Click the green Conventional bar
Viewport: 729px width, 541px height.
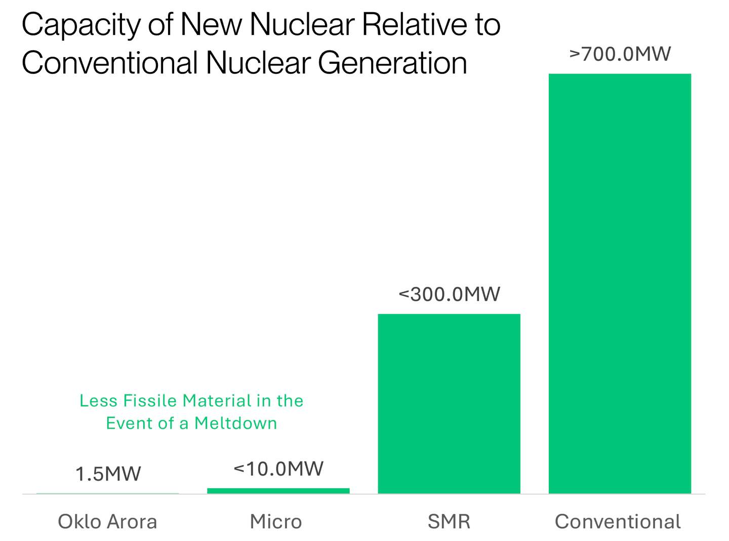pyautogui.click(x=620, y=284)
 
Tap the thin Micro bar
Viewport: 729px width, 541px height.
pyautogui.click(x=278, y=491)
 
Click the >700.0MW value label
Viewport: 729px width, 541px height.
pyautogui.click(x=620, y=54)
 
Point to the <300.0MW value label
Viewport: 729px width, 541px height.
pyautogui.click(x=450, y=294)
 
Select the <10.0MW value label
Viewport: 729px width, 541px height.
pyautogui.click(x=278, y=469)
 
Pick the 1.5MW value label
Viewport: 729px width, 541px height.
pyautogui.click(x=108, y=474)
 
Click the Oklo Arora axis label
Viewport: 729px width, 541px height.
pyautogui.click(x=107, y=521)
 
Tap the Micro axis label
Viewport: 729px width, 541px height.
pyautogui.click(x=276, y=521)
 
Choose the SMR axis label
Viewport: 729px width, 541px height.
pyautogui.click(x=449, y=521)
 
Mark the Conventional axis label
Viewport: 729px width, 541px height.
pyautogui.click(x=618, y=521)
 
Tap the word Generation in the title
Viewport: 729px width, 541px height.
pyautogui.click(x=392, y=63)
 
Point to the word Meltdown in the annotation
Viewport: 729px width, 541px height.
pyautogui.click(x=235, y=423)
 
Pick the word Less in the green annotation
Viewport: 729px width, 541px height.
pyautogui.click(x=98, y=401)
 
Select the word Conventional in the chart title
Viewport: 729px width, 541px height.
pyautogui.click(x=109, y=63)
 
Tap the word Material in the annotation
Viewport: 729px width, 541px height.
pyautogui.click(x=217, y=401)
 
